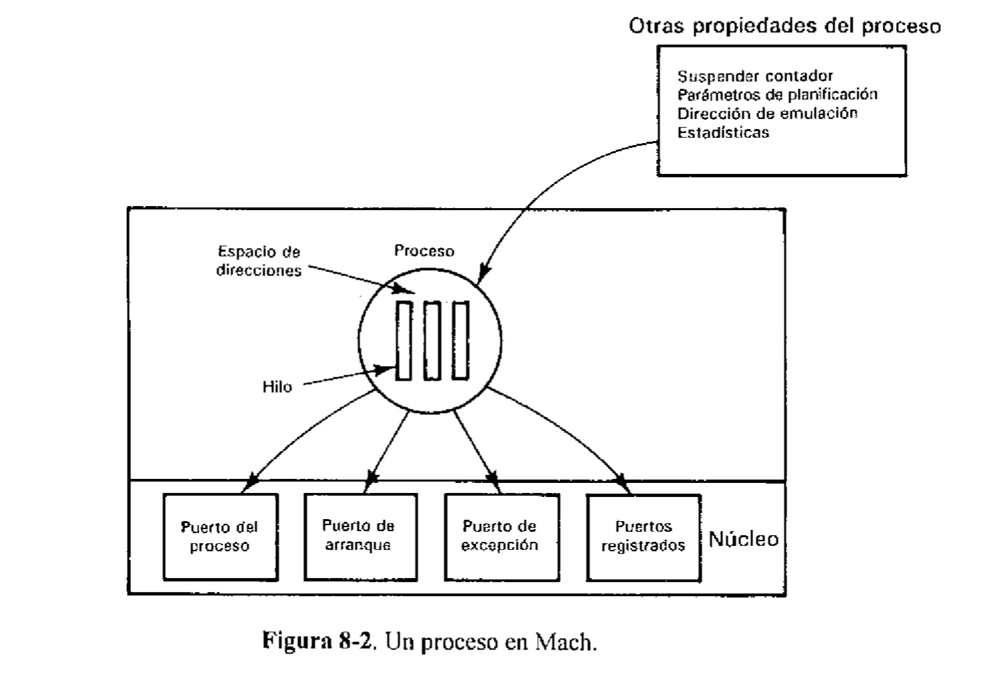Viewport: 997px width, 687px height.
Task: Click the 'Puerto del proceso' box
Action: [x=220, y=536]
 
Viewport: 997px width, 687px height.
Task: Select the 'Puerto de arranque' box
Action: [x=360, y=536]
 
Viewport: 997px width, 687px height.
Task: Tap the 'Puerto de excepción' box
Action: [x=501, y=536]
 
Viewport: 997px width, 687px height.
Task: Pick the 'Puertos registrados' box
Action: [x=643, y=536]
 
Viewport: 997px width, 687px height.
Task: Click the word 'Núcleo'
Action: [x=743, y=539]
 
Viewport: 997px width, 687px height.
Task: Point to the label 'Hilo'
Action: [x=277, y=387]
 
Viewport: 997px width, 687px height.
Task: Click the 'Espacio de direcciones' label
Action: [x=259, y=262]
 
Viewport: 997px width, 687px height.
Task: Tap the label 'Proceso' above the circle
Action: [x=424, y=251]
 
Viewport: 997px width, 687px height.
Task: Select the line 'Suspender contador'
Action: [x=755, y=76]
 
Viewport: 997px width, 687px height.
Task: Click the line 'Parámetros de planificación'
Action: [x=777, y=94]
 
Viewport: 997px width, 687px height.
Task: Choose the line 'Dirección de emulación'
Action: [x=767, y=113]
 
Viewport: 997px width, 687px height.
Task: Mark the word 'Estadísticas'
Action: [x=723, y=132]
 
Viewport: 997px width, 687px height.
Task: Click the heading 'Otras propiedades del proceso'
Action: [x=784, y=26]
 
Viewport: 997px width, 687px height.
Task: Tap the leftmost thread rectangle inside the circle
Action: [x=403, y=341]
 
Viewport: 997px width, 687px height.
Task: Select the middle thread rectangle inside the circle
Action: [x=432, y=341]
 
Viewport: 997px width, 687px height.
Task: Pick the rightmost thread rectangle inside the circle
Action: [x=460, y=341]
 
